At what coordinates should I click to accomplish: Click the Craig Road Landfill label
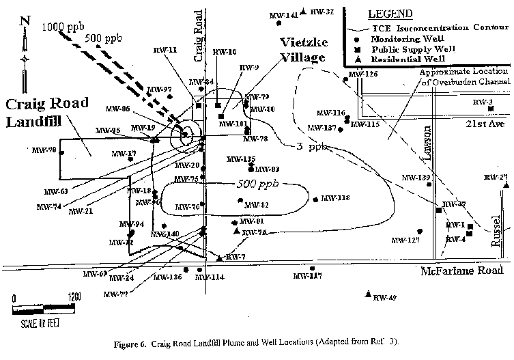(x=47, y=113)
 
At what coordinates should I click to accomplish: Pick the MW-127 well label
(x=405, y=240)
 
